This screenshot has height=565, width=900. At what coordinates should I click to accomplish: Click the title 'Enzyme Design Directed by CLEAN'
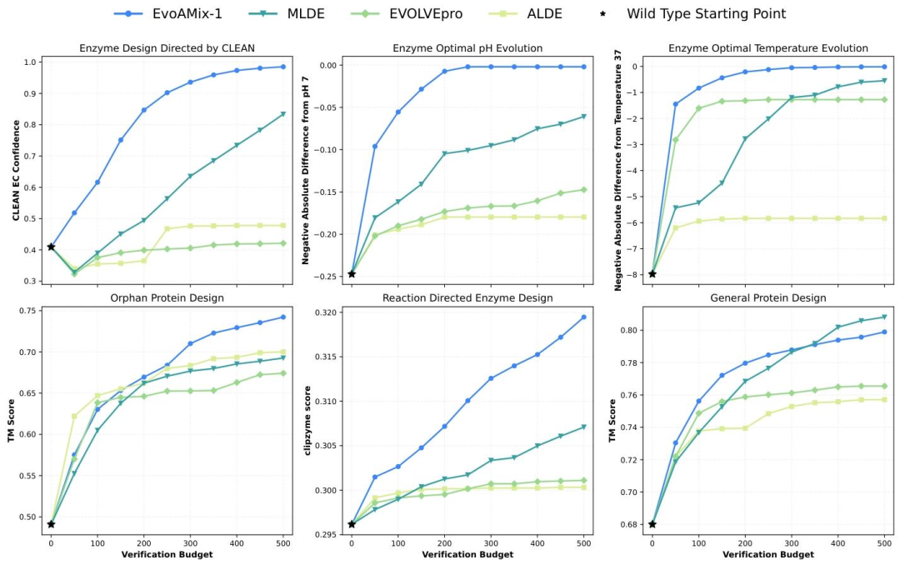click(x=167, y=48)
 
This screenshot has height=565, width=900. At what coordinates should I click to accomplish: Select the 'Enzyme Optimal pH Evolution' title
click(x=467, y=48)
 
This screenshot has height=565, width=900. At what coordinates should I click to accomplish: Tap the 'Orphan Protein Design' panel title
click(x=167, y=297)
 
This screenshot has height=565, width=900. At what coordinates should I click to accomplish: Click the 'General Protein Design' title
click(x=768, y=297)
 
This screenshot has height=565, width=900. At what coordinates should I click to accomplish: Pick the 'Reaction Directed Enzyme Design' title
click(x=467, y=297)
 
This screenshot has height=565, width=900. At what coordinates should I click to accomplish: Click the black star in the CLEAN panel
click(x=51, y=247)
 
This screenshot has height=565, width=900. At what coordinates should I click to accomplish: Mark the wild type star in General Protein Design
click(x=652, y=524)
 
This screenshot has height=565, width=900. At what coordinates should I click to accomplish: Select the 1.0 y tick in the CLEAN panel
click(x=32, y=62)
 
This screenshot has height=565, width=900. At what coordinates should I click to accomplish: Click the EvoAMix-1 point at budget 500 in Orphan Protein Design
click(x=283, y=317)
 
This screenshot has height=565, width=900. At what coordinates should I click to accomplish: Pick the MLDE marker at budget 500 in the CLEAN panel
click(x=283, y=114)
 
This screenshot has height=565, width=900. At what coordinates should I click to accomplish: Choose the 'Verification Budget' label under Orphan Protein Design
click(x=167, y=554)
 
